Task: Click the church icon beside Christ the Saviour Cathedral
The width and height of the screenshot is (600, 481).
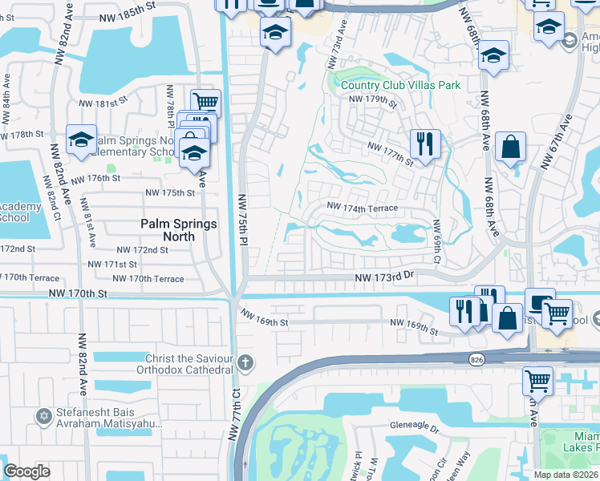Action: tap(245, 363)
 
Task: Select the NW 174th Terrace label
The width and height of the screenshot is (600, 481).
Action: tap(362, 208)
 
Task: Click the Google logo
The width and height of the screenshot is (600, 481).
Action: tap(26, 472)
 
